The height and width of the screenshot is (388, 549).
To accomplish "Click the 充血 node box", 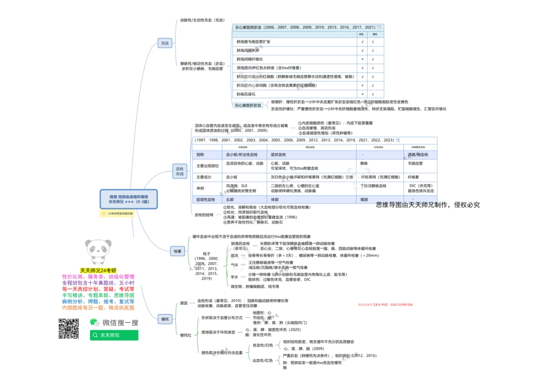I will coord(165,43).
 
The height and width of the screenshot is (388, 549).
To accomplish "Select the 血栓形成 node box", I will coord(180,170).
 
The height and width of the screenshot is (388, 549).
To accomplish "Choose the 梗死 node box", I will coord(165,319).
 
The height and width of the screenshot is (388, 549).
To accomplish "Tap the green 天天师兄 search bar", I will coord(114,335).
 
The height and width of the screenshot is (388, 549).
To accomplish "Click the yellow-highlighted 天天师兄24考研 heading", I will coord(98,270).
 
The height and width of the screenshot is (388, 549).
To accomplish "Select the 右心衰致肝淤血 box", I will coord(248,106).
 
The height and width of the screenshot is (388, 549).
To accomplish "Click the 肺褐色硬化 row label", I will coord(246,94).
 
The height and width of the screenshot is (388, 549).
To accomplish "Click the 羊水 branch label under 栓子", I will coord(235,277).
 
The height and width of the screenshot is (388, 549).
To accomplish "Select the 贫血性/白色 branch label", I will coord(263,345).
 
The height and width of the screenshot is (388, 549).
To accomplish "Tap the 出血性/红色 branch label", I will coord(263,360).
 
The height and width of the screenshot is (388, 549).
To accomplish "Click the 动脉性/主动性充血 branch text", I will coord(202,20).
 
